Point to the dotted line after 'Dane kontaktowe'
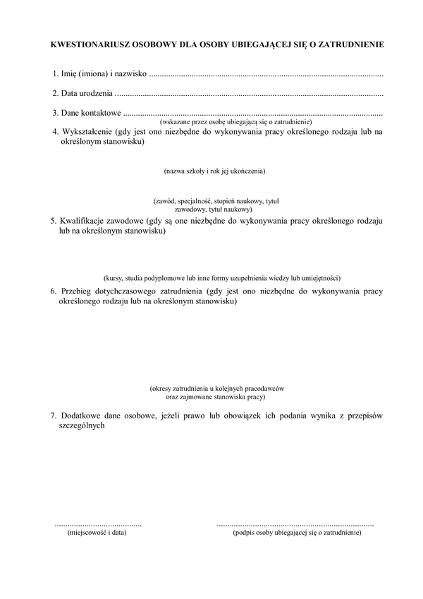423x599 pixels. [253, 113]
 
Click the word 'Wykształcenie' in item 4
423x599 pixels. [90, 132]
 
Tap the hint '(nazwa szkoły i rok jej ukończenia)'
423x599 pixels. [214, 171]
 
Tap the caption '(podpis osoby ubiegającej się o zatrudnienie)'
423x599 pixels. [297, 533]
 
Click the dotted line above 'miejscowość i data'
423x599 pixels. [98, 525]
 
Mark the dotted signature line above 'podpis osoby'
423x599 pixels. [295, 525]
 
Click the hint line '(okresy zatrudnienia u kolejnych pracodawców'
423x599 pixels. [216, 389]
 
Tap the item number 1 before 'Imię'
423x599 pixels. [55, 74]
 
